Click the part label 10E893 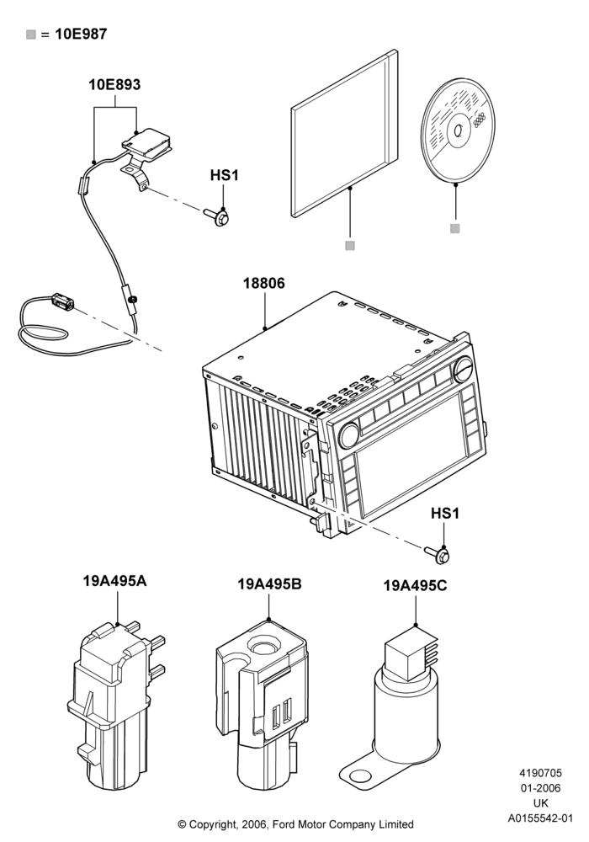114,84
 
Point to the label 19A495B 269,584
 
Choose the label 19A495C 415,585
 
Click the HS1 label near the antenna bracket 224,175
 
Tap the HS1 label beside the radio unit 445,514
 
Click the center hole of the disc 459,132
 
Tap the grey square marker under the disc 455,228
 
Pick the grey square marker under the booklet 350,245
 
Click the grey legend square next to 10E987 31,35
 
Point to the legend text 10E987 81,35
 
